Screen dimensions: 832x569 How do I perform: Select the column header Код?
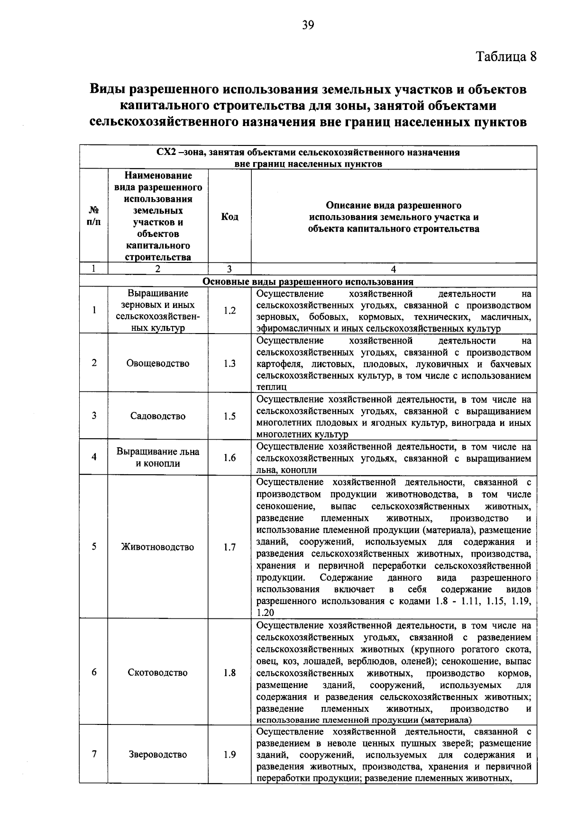coord(229,217)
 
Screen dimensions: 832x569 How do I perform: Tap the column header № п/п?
coord(94,217)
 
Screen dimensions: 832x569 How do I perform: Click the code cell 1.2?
coord(229,311)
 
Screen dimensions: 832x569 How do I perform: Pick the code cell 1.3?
coord(229,363)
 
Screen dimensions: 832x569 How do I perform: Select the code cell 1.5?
coord(229,416)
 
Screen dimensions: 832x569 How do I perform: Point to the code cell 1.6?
coord(229,458)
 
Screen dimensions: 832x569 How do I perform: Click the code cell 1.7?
coord(229,547)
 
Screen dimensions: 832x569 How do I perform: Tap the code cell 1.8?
coord(229,672)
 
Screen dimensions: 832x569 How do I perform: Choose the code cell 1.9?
coord(229,755)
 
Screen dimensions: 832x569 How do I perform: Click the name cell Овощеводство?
coord(158,363)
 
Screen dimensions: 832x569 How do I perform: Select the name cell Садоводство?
coord(158,416)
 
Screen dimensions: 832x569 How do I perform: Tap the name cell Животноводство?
coord(158,547)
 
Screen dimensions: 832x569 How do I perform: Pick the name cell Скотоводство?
coord(158,672)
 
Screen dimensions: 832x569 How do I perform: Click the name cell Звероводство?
coord(158,755)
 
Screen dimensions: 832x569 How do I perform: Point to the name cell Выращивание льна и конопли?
coord(158,457)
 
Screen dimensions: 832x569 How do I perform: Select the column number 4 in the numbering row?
coord(393,269)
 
